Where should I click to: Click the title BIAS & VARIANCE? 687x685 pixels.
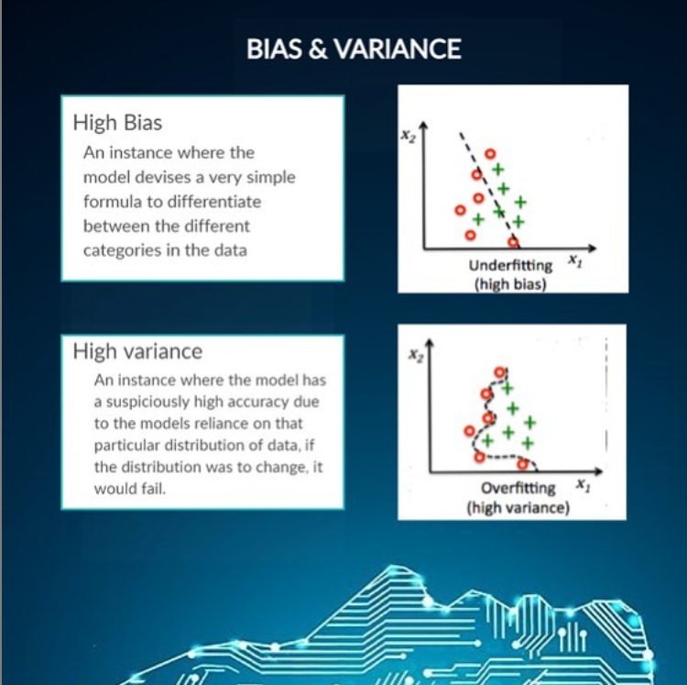(354, 50)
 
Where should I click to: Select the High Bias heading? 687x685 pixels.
(117, 122)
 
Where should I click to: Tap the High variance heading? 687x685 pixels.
(137, 351)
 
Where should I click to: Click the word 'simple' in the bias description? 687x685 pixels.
(271, 177)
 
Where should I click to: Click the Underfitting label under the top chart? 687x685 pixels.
(510, 266)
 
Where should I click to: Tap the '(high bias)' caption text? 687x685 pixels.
(509, 283)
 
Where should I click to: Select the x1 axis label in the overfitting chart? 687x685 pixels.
(581, 483)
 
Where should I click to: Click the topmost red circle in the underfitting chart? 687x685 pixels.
(490, 154)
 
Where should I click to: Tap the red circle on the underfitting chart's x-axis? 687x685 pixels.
(513, 243)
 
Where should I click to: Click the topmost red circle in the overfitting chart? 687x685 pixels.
(499, 372)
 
